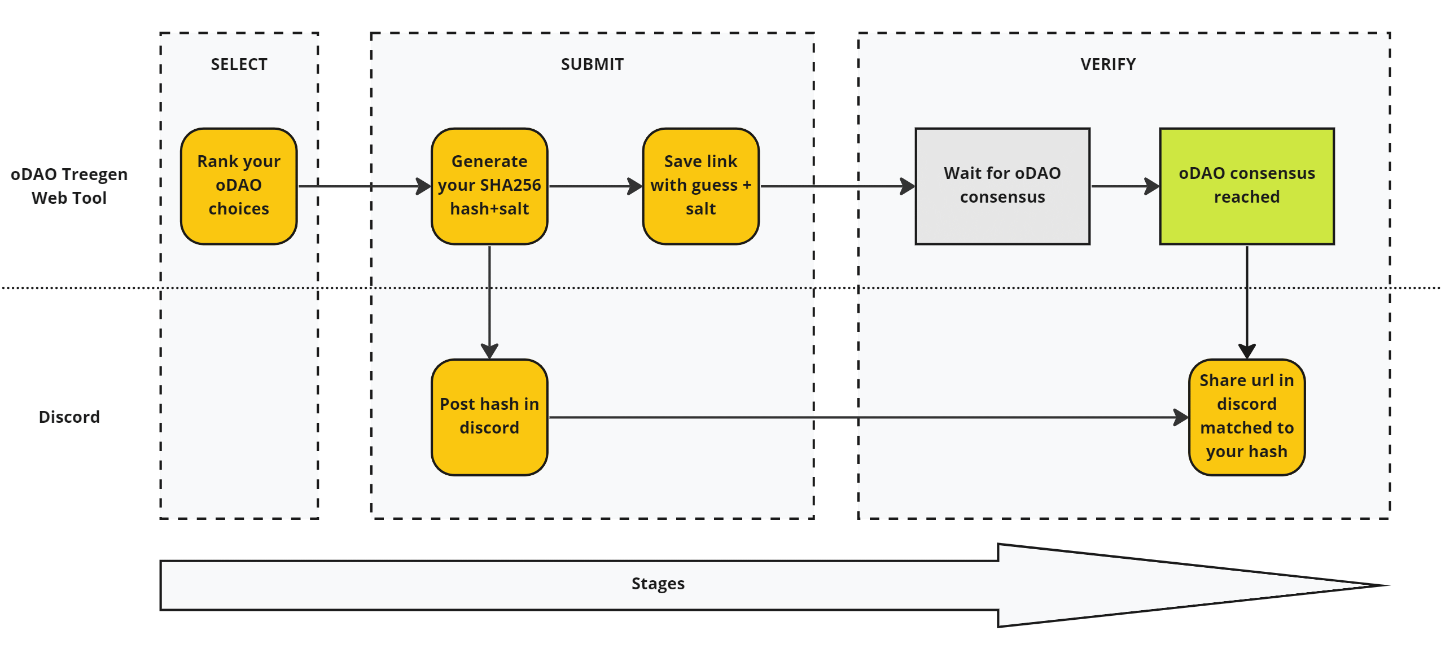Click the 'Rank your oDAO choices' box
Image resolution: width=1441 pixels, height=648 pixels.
pyautogui.click(x=239, y=186)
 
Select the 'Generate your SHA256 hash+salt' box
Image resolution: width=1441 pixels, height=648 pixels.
pyautogui.click(x=489, y=186)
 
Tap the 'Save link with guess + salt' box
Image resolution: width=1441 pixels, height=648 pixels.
pyautogui.click(x=700, y=186)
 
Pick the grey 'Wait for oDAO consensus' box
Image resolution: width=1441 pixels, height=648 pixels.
pyautogui.click(x=1002, y=186)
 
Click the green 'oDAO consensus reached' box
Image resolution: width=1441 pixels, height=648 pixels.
pyautogui.click(x=1247, y=186)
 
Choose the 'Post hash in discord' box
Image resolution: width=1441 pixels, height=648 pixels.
pyautogui.click(x=489, y=417)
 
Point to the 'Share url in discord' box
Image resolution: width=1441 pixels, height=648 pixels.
pyautogui.click(x=1247, y=417)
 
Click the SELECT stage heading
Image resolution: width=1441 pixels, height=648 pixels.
pyautogui.click(x=239, y=64)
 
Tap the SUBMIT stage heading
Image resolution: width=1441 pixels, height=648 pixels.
pyautogui.click(x=592, y=64)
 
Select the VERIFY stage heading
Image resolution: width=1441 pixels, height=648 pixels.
pyautogui.click(x=1108, y=64)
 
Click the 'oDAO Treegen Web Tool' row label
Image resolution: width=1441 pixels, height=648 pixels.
pyautogui.click(x=69, y=186)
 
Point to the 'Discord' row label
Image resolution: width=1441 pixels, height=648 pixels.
pyautogui.click(x=69, y=417)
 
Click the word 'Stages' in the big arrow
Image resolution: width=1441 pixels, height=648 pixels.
pyautogui.click(x=658, y=583)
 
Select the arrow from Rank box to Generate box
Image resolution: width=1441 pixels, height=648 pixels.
pyautogui.click(x=365, y=186)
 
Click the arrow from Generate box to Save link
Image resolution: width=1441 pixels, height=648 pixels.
pyautogui.click(x=595, y=186)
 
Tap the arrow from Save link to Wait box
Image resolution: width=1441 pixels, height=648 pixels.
pyautogui.click(x=837, y=186)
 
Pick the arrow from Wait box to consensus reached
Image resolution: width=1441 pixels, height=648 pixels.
pyautogui.click(x=1125, y=186)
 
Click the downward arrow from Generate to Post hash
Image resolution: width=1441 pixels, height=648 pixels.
pyautogui.click(x=489, y=302)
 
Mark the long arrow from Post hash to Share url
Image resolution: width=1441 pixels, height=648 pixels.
pyautogui.click(x=869, y=417)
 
